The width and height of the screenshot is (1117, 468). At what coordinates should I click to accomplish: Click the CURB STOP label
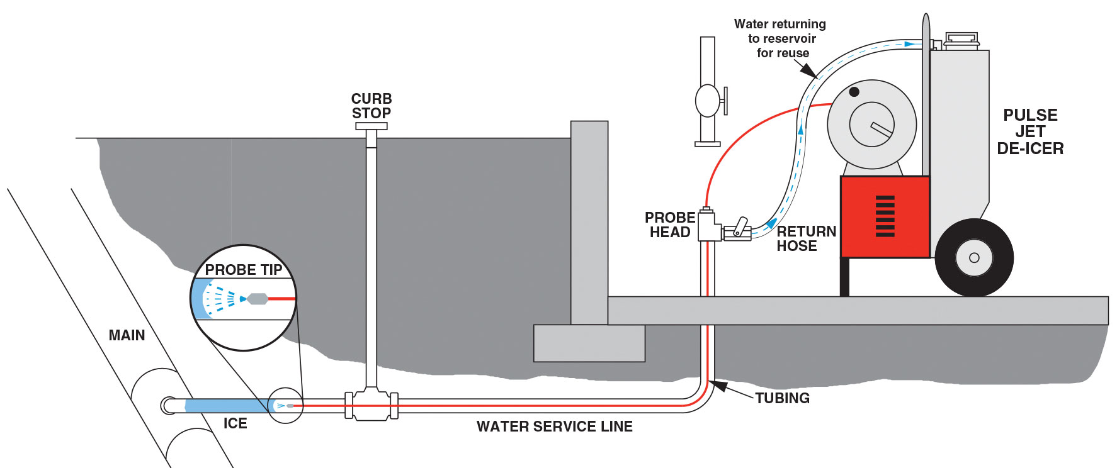371,106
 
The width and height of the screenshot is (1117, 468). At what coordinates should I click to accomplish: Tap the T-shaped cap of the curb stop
371,126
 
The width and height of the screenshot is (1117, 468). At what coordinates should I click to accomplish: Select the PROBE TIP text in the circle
244,270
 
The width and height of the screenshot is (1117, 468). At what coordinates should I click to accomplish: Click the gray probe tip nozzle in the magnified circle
257,298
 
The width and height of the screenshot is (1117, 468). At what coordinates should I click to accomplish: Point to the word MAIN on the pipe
127,335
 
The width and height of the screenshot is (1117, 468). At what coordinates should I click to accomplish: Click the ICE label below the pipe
235,423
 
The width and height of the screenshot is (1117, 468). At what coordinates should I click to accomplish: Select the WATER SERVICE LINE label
554,426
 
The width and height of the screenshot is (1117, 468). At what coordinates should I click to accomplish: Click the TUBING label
782,398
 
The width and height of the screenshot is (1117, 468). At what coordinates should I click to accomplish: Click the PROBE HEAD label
670,225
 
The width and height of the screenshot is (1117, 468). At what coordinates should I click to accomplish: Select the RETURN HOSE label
806,238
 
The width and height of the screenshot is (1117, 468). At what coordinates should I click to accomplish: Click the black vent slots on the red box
885,216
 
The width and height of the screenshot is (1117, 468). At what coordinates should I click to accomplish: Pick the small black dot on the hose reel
854,92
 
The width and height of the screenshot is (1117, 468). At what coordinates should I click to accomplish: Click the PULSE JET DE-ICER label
1030,132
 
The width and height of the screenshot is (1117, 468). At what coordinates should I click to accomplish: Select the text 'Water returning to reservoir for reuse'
781,38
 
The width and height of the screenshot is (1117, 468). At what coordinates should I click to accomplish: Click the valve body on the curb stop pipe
371,406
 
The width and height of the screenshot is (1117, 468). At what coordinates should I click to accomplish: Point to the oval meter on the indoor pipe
707,101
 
